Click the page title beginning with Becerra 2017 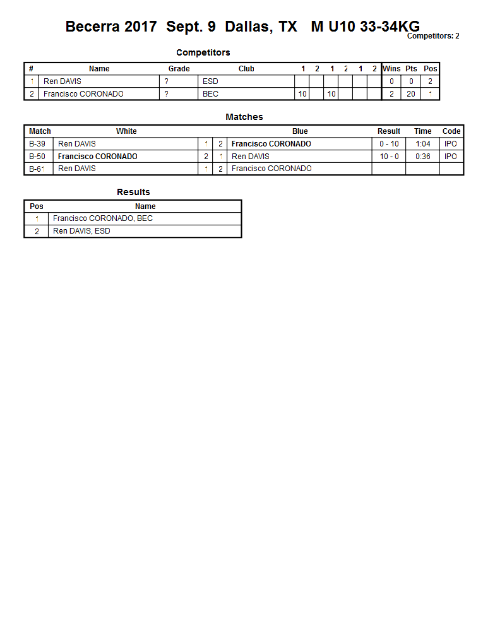pos(242,27)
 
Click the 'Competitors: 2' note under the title pos(433,36)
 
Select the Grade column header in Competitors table pos(179,69)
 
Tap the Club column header pos(246,69)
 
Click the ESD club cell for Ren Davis pos(210,81)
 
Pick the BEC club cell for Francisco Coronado pos(210,94)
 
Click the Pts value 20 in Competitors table pos(411,94)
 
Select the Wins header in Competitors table pos(391,69)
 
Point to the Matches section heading pos(244,117)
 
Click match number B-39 pos(37,144)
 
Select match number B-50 pos(37,157)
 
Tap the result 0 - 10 pos(389,144)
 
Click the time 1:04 pos(423,144)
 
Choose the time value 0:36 pos(423,157)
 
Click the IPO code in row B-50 pos(451,157)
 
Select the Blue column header pos(300,131)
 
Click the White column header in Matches pos(126,131)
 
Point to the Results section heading pos(133,192)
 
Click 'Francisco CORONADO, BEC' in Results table pos(103,218)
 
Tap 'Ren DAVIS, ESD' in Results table pos(81,231)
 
